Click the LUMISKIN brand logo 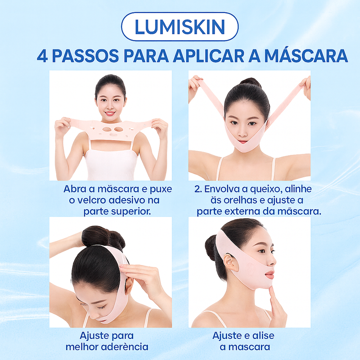(x=180, y=27)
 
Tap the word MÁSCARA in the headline (x=306, y=56)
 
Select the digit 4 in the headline (x=42, y=56)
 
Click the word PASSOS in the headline (x=85, y=56)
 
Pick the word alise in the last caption (x=263, y=336)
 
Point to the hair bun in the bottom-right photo (x=211, y=247)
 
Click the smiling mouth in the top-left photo (x=110, y=113)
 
